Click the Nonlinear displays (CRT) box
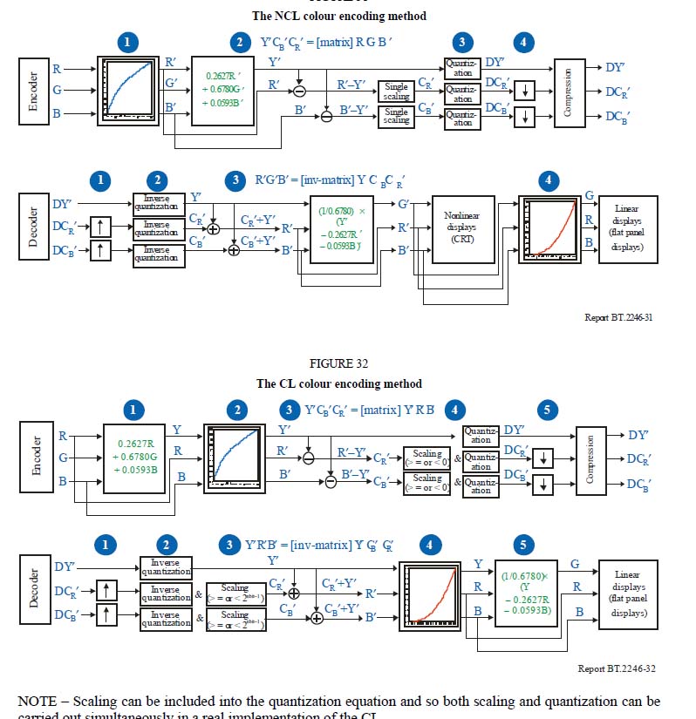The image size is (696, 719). coord(463,228)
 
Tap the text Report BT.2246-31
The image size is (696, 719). coord(618,317)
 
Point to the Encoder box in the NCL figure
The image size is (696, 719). coord(34,90)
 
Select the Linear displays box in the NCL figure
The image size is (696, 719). coord(626,228)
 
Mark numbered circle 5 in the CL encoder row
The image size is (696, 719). coord(546,410)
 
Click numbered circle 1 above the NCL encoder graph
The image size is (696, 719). coord(128,42)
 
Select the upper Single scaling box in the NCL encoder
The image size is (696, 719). coord(396,91)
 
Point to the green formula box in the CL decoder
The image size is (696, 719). coord(525,594)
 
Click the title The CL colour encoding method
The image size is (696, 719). coord(338,383)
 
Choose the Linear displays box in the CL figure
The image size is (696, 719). coord(626,594)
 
